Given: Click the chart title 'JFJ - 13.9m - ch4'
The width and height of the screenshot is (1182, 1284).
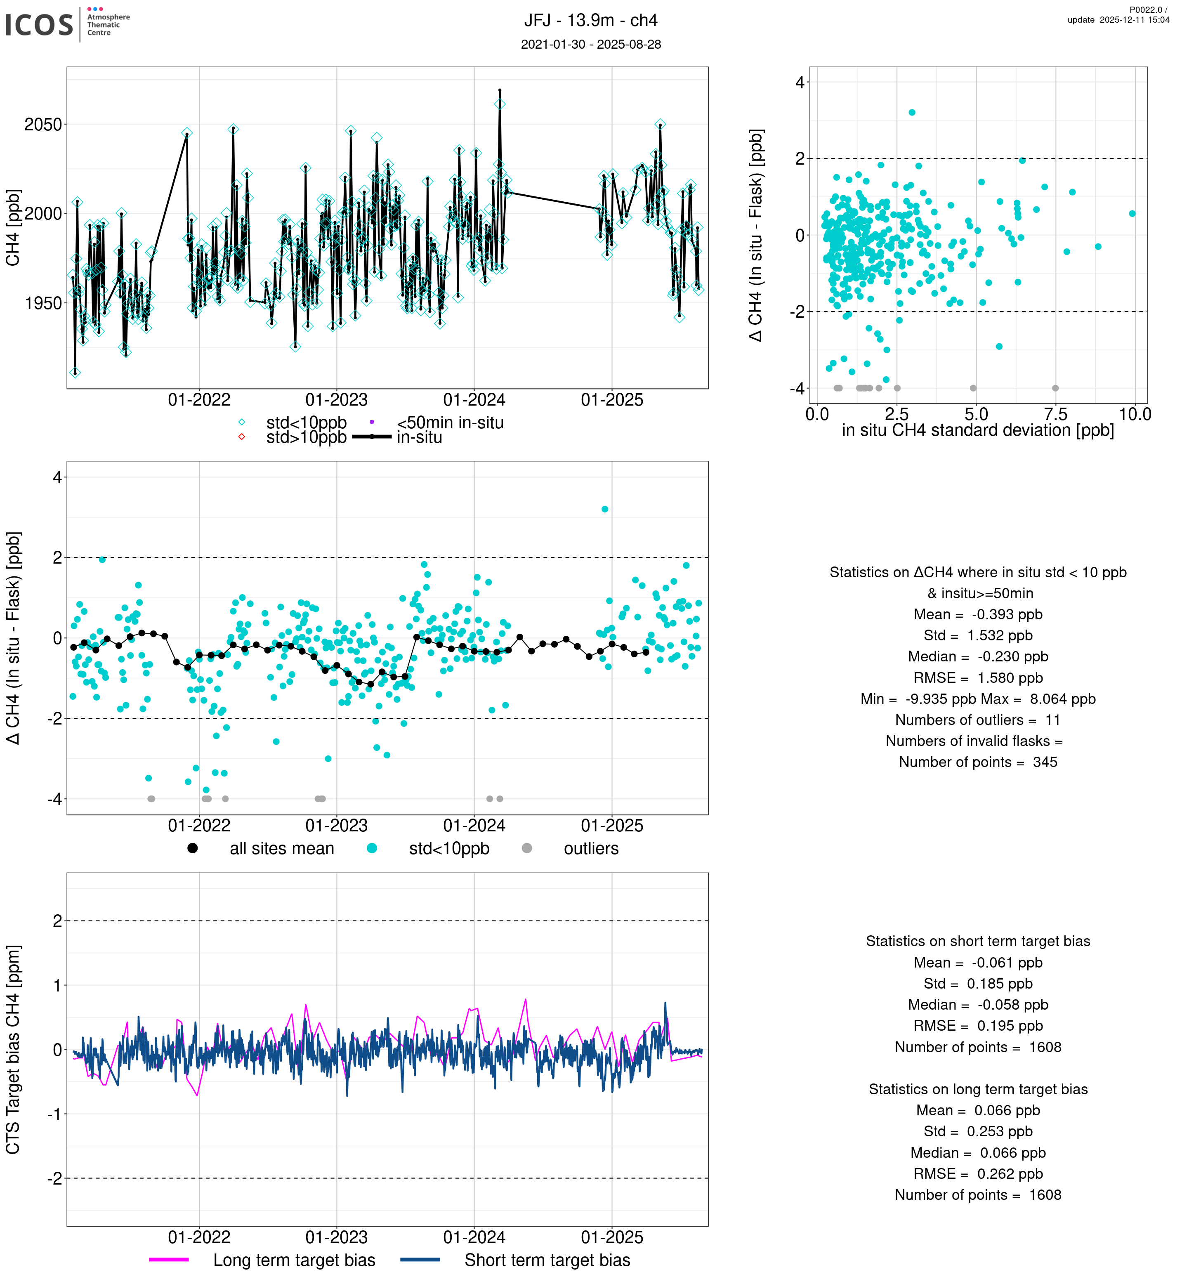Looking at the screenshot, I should (590, 21).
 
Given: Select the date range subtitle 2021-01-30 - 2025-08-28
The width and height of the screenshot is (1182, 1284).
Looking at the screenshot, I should (590, 44).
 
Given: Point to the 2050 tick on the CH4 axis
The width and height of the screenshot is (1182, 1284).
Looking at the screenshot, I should (43, 124).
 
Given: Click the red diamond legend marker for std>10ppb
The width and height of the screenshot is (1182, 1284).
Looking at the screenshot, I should (242, 437).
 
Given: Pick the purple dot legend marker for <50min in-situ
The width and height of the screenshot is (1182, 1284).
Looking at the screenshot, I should (372, 422).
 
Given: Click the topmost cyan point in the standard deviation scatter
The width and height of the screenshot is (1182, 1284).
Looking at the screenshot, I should (911, 113).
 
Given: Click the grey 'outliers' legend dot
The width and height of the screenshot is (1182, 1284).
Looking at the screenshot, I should (526, 848).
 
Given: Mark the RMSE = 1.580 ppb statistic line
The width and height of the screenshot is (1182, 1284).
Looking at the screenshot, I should (977, 678).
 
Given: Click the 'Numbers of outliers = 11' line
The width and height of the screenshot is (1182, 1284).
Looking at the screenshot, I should (977, 720).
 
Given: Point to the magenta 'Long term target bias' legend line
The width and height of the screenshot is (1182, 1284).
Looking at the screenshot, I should (169, 1260).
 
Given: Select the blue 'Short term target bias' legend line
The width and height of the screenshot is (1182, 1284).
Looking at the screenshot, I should (420, 1260).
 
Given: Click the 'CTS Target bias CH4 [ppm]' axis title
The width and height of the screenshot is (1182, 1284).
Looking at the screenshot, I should (13, 1049).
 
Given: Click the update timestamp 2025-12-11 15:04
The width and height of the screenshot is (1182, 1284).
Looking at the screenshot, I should (1118, 20).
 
